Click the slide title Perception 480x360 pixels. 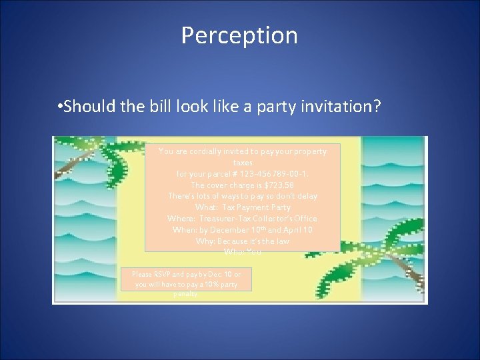(x=239, y=35)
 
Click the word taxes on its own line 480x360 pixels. (x=243, y=163)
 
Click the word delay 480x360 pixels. (x=306, y=196)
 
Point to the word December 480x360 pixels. (x=233, y=230)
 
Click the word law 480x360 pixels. (x=282, y=241)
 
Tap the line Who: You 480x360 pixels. (x=243, y=252)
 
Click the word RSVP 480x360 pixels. (x=162, y=274)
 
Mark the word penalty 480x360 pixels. (x=185, y=294)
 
